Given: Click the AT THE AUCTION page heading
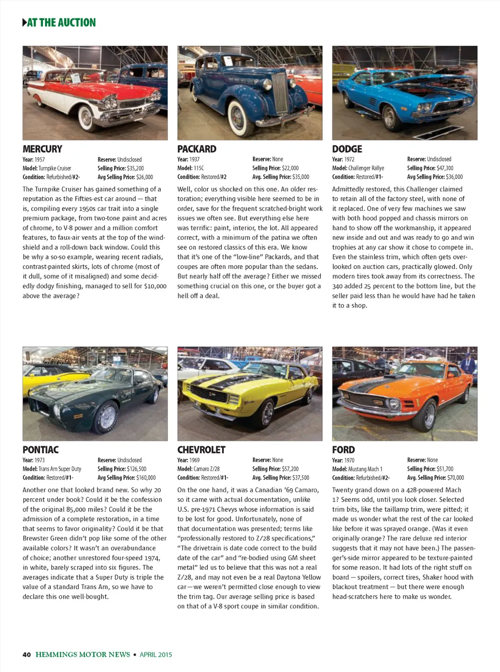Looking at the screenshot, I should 61,22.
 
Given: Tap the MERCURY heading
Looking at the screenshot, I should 42,149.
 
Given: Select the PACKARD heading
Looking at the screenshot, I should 197,149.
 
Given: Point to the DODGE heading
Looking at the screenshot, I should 347,149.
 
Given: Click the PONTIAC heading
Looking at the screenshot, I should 41,450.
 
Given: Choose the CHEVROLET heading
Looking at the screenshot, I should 201,450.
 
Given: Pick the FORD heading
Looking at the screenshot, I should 343,450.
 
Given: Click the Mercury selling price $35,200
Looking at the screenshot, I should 135,168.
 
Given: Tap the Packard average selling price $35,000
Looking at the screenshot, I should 300,177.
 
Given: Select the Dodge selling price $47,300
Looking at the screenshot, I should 445,168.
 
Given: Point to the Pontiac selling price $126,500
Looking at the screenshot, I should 136,469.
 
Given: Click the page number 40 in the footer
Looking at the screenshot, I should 26,655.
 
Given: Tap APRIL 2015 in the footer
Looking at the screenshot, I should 156,655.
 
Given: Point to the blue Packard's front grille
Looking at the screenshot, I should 280,92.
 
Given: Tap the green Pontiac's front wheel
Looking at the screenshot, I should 106,418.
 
